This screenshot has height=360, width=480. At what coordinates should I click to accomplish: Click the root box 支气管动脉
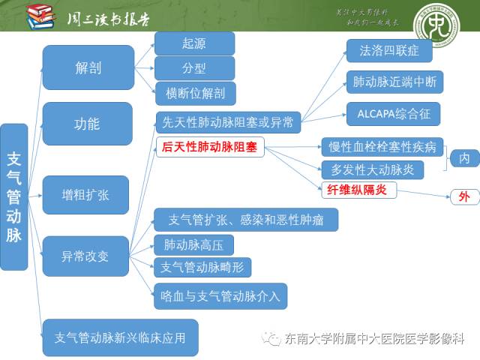pos(14,196)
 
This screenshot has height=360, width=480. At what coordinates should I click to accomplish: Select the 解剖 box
pos(88,67)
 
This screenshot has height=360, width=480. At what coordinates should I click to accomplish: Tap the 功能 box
pos(88,124)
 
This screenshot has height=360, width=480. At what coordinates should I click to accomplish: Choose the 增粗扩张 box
pos(85,194)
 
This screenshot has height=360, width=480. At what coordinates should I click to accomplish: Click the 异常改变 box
pos(85,256)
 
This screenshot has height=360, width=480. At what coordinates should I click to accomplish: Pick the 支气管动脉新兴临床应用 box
pos(120,337)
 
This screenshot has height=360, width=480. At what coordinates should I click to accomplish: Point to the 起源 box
pos(194,43)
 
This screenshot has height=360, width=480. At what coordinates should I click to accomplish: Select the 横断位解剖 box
pos(194,93)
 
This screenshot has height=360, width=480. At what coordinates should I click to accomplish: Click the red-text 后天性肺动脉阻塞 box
pos(211,148)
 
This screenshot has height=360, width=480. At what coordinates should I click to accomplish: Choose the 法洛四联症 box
pos(388,51)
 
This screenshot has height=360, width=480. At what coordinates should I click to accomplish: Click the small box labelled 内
pos(464,158)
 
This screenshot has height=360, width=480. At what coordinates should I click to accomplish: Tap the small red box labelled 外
pos(464,197)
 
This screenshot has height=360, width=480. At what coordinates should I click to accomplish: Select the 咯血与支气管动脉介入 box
pos(220,295)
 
